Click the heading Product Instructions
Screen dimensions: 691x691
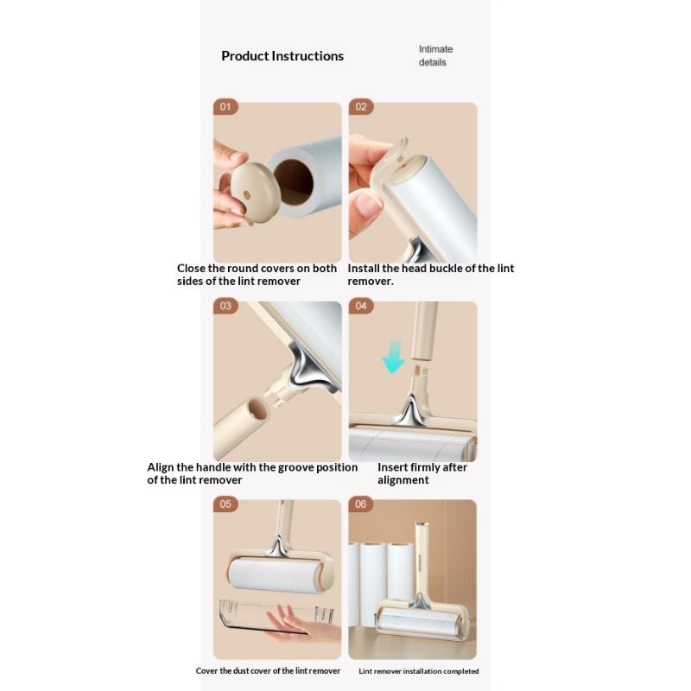click(x=282, y=56)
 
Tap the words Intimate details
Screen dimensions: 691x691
click(x=435, y=55)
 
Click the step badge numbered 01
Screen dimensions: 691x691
click(x=225, y=106)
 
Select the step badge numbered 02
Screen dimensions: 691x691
click(x=361, y=106)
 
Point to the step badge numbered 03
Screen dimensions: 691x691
click(x=225, y=306)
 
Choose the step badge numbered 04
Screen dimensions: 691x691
click(x=361, y=306)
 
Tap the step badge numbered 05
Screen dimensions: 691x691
click(x=225, y=504)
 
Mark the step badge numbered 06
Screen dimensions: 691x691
click(x=360, y=504)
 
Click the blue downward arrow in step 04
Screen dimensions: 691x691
click(x=393, y=357)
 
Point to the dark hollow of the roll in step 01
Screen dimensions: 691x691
click(x=294, y=182)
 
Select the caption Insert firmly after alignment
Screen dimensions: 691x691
click(x=422, y=473)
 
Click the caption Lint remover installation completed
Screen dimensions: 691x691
click(x=419, y=671)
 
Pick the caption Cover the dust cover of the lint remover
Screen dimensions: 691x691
click(x=268, y=671)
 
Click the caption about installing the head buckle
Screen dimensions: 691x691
click(x=430, y=275)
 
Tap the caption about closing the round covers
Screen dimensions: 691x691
click(x=257, y=275)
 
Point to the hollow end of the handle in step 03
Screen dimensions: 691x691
click(x=257, y=409)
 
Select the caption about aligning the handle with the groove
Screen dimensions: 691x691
click(x=252, y=473)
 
